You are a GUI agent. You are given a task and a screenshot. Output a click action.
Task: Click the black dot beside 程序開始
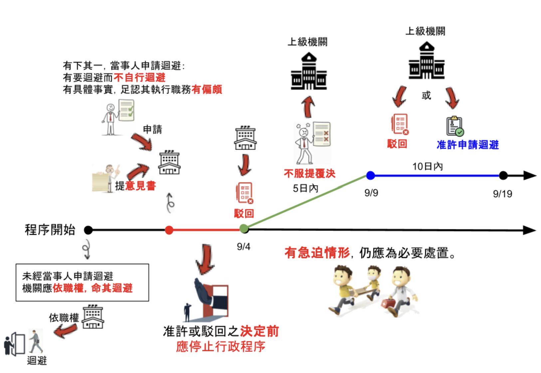point(88,230)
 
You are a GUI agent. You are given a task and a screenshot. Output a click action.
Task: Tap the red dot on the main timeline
point(169,230)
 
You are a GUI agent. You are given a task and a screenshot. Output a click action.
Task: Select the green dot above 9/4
point(244,228)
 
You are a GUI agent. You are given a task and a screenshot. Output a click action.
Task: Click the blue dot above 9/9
point(370,175)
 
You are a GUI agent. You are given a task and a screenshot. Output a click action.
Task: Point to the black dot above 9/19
point(503,175)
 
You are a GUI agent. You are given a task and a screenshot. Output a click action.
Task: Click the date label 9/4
point(244,247)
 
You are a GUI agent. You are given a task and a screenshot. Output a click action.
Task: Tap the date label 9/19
point(502,194)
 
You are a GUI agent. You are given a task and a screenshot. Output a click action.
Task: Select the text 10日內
point(428,166)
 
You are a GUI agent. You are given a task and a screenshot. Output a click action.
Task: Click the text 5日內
point(305,188)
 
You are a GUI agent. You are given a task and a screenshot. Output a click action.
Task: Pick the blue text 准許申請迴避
point(467,145)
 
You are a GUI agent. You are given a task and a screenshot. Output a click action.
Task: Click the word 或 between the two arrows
point(426,96)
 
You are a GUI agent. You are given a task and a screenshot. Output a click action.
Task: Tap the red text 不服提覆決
point(309,174)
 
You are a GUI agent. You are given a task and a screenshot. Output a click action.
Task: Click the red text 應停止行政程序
point(221,347)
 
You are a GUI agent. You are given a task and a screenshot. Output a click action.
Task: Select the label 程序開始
point(50,230)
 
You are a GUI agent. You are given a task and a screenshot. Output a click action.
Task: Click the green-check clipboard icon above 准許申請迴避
point(455,127)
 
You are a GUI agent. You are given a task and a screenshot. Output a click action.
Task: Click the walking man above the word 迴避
point(35,341)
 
